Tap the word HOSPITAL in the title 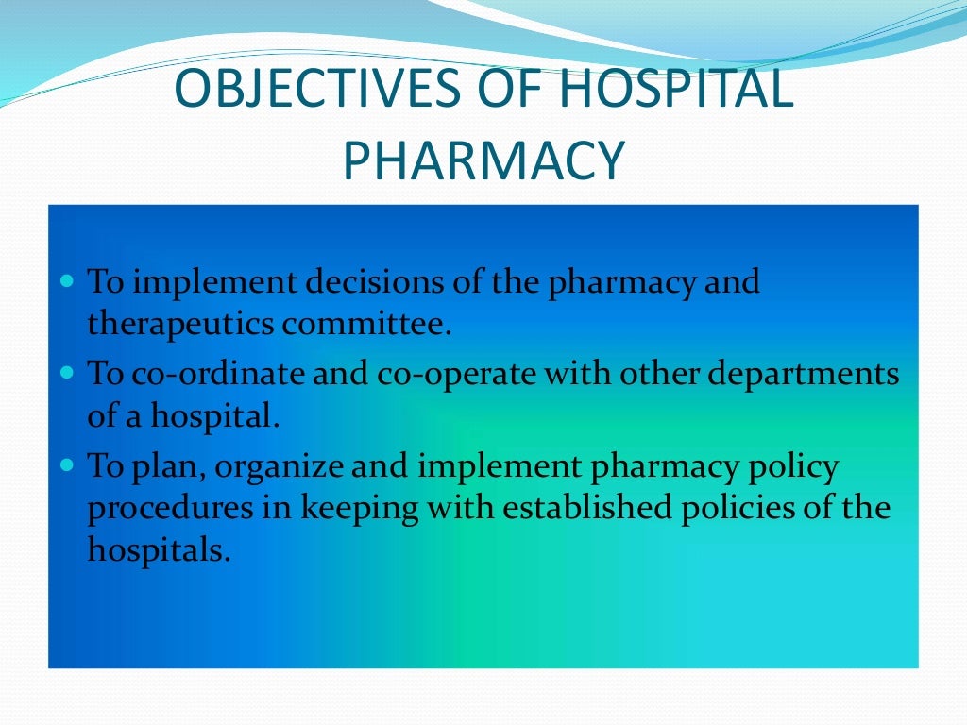tap(665, 91)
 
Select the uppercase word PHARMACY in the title tap(483, 160)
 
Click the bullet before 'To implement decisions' tap(66, 281)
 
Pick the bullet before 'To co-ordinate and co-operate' tap(66, 373)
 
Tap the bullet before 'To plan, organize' tap(66, 465)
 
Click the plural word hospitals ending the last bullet tap(158, 551)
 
